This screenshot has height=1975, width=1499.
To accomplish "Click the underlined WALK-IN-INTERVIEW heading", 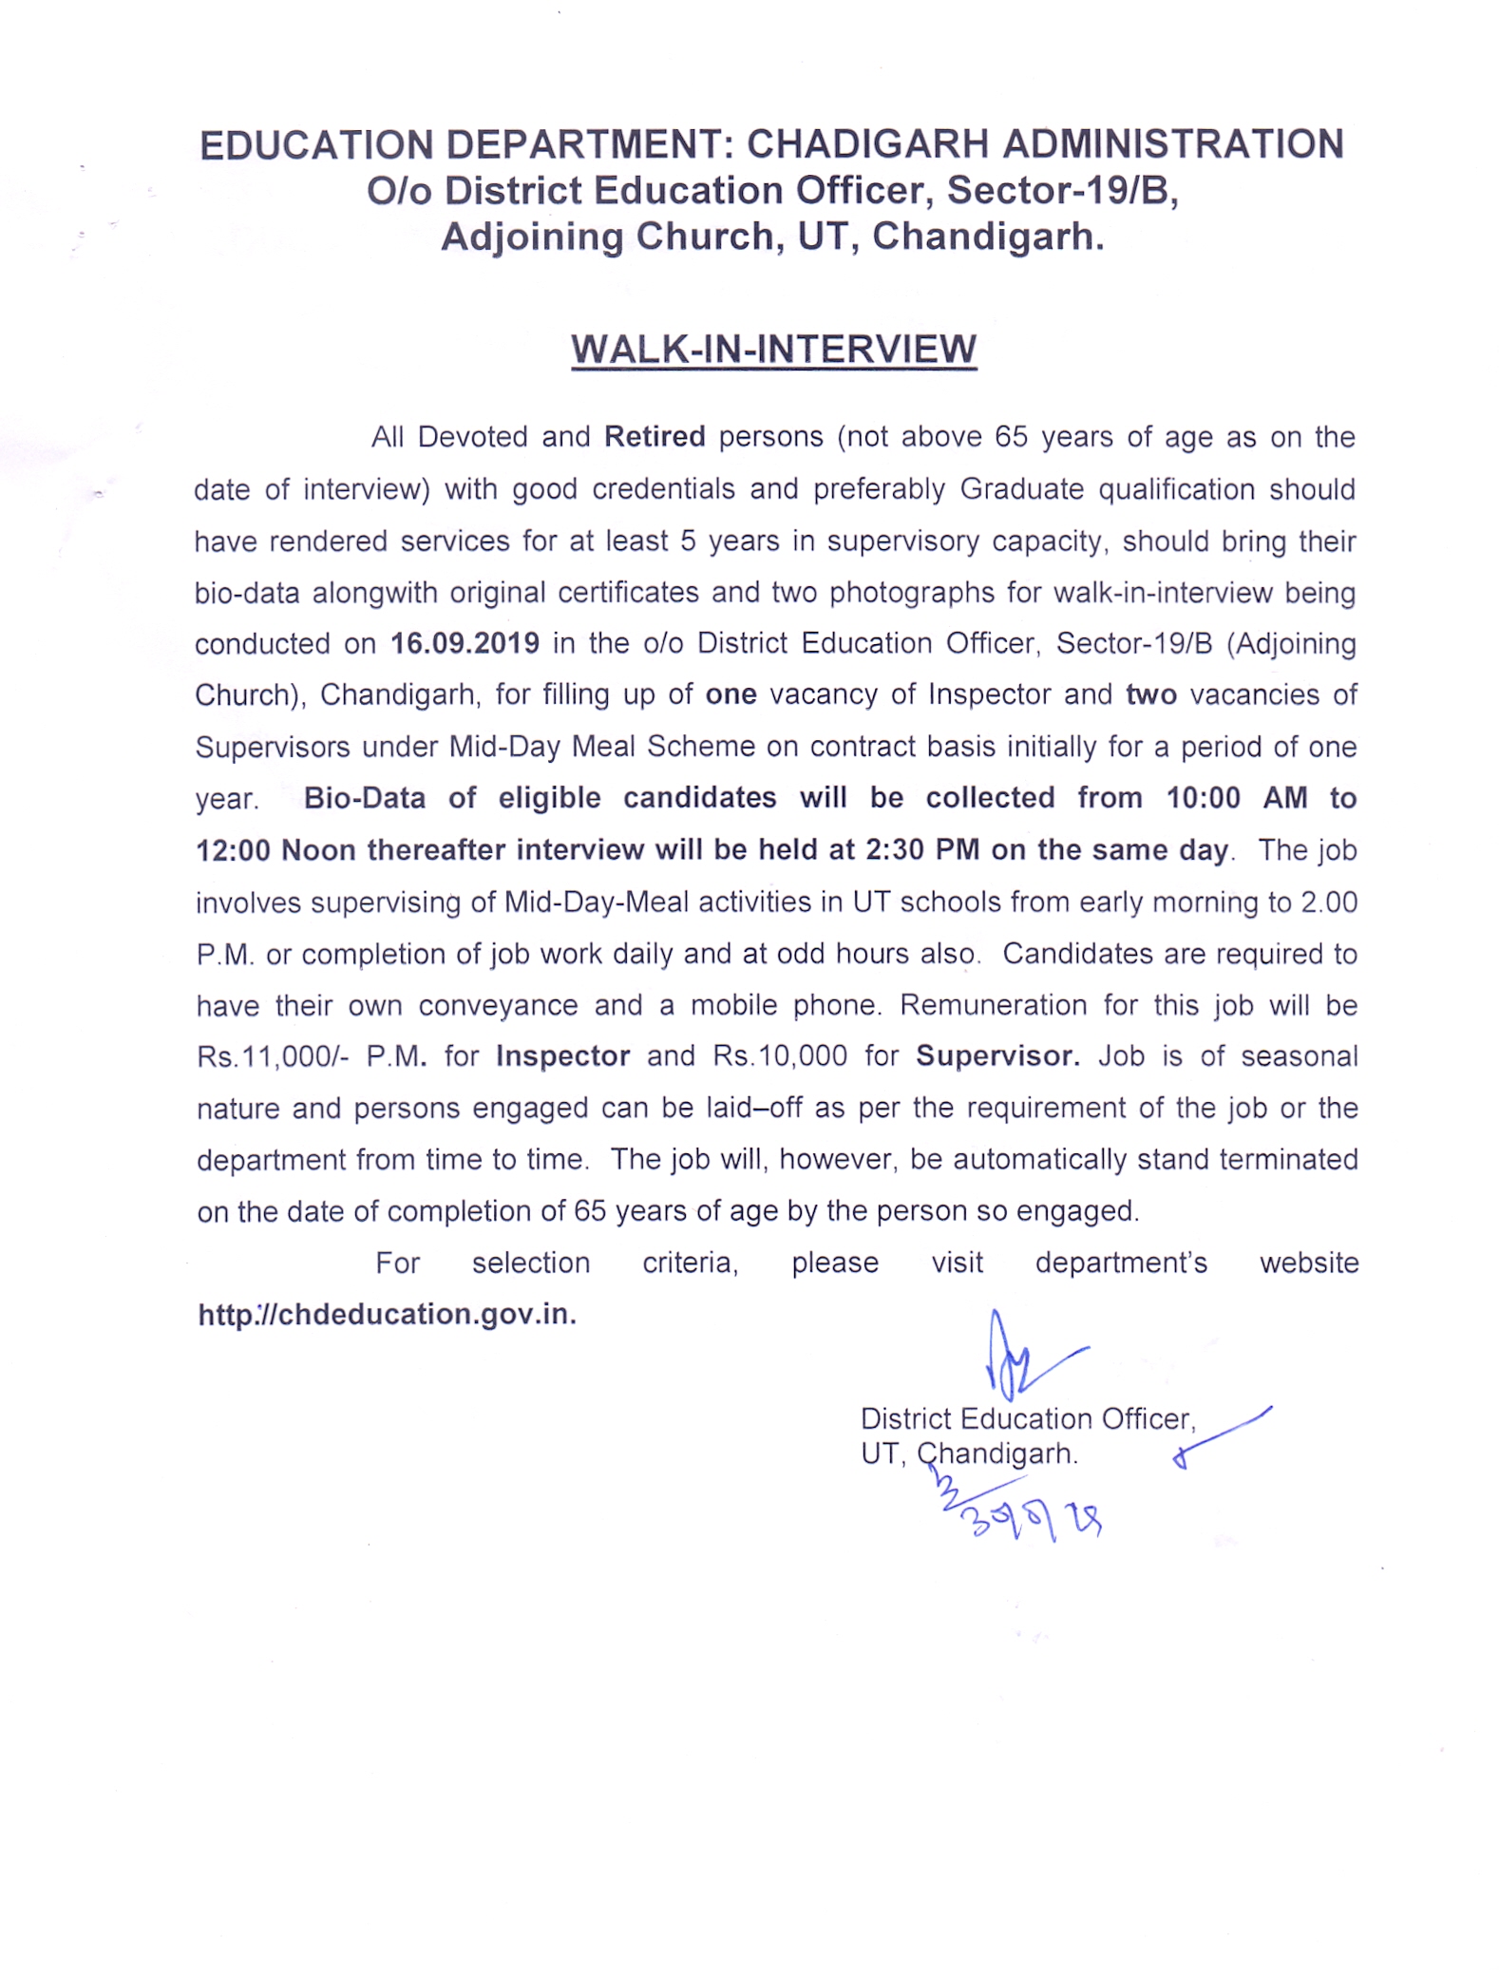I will coord(773,350).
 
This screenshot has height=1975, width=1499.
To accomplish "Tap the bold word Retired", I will coord(655,437).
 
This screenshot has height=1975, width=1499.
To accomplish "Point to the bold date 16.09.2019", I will coord(465,643).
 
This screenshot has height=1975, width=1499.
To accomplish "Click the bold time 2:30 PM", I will coord(921,849).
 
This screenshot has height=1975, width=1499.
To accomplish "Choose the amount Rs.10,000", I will coord(779,1056).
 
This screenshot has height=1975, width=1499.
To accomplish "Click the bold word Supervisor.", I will coord(997,1056).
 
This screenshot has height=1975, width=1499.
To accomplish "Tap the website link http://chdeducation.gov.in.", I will coord(387,1314).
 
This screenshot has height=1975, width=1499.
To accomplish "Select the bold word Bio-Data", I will coord(364,798).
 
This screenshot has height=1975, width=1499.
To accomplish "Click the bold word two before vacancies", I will coord(1150,694).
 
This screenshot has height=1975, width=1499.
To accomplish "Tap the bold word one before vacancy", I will coord(731,694).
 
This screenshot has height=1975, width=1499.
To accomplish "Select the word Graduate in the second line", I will coord(1021,489).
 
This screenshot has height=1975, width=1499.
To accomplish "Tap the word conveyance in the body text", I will coord(498,1005).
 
